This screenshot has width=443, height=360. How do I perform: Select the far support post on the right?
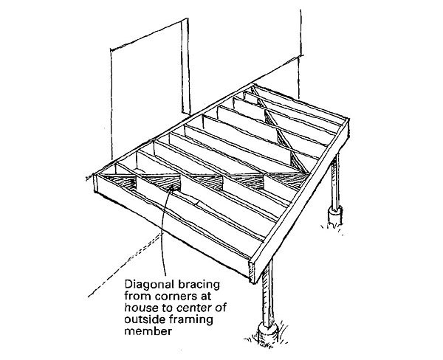pos(337,184)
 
